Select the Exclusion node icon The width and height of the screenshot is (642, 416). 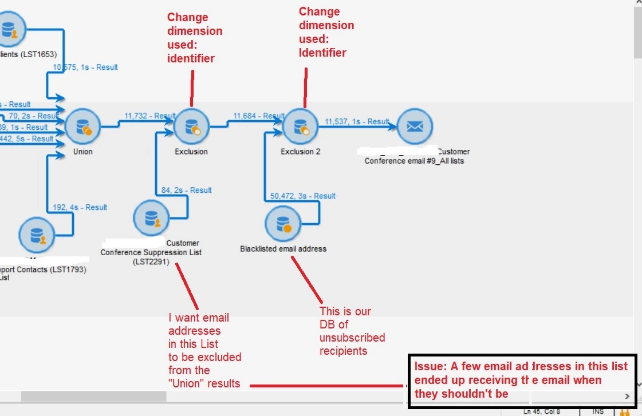click(191, 126)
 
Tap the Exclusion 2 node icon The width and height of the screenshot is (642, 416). click(301, 126)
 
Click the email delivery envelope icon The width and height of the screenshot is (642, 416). click(415, 126)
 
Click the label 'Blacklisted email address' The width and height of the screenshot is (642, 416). click(283, 249)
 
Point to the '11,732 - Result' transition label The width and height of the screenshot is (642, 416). click(149, 116)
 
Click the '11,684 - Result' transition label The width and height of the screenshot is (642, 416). click(258, 116)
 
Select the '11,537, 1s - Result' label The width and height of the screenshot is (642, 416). click(357, 121)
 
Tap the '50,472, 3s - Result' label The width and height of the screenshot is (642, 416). click(302, 196)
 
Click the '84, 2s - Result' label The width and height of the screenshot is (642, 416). click(186, 190)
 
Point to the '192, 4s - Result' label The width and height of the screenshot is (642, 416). click(80, 207)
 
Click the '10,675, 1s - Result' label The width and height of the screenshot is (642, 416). click(85, 67)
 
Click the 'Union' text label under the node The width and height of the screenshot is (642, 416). click(82, 152)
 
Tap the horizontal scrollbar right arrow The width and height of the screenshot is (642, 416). click(627, 396)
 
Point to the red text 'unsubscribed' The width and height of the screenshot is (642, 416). click(352, 338)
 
